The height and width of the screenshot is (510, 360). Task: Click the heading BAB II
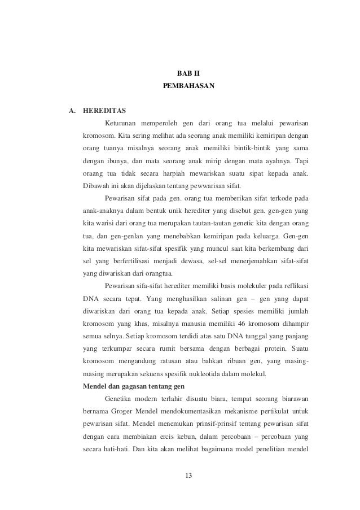(180, 73)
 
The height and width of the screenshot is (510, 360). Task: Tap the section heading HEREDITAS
(104, 110)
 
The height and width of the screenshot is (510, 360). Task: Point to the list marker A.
(72, 110)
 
